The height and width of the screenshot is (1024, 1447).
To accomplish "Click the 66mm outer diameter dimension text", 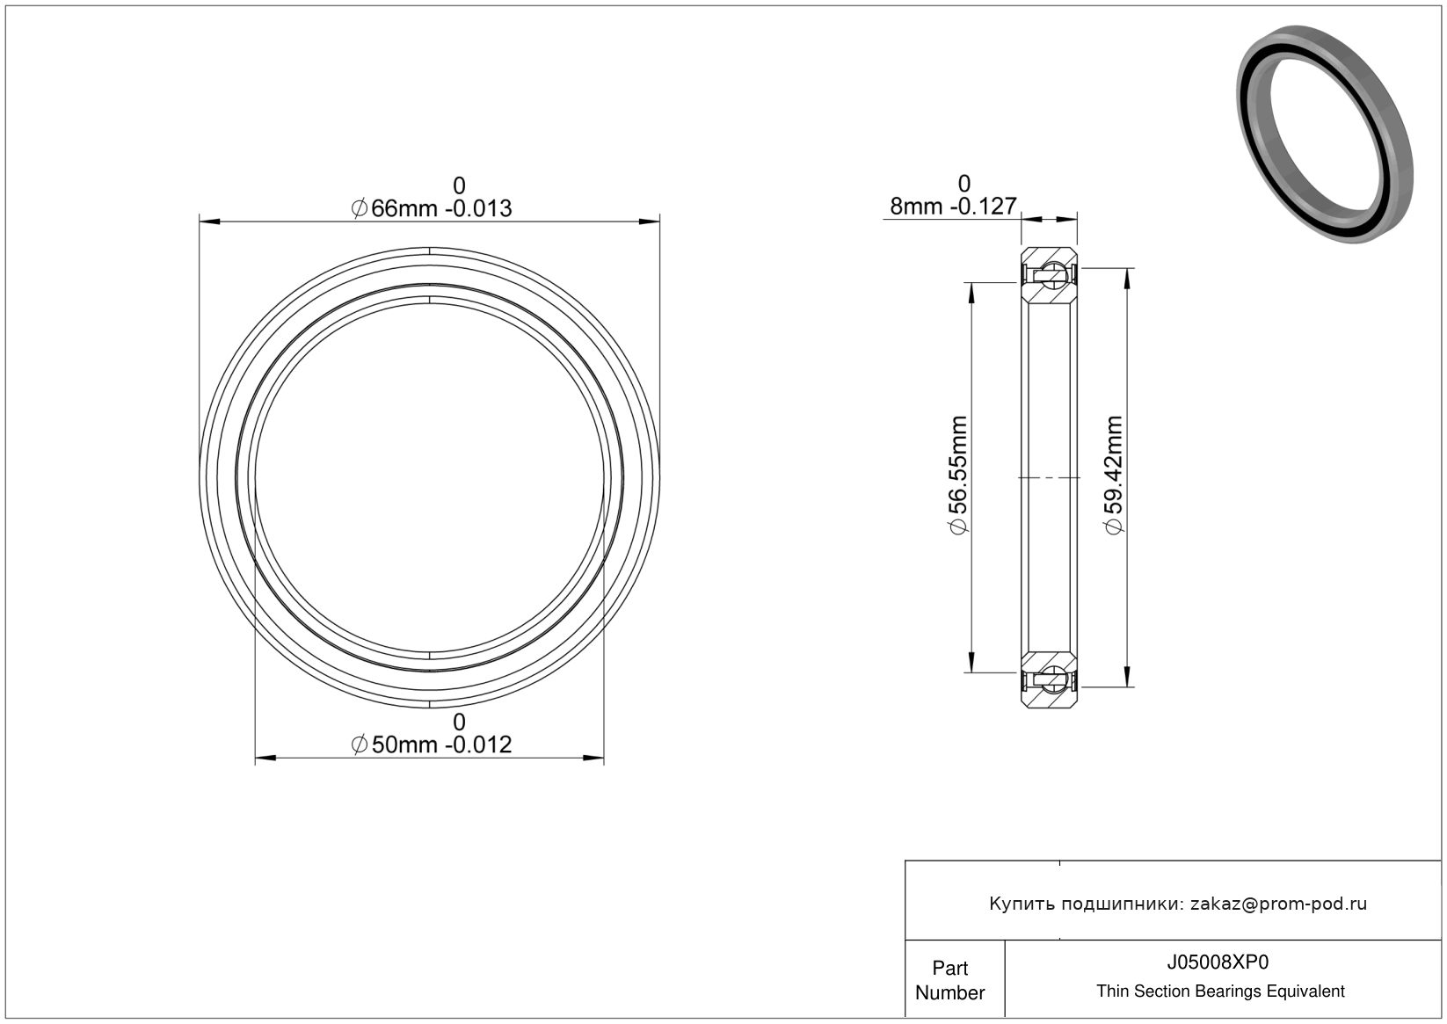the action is point(432,208).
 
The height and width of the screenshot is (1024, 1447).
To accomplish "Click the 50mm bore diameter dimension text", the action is point(432,744).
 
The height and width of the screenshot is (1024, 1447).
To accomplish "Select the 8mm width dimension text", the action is point(954,206).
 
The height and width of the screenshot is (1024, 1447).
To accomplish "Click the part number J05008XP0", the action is point(1218,962).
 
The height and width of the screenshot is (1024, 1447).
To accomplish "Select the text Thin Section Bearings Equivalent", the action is point(1220,991).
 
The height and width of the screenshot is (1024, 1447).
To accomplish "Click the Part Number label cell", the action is point(950,980).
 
